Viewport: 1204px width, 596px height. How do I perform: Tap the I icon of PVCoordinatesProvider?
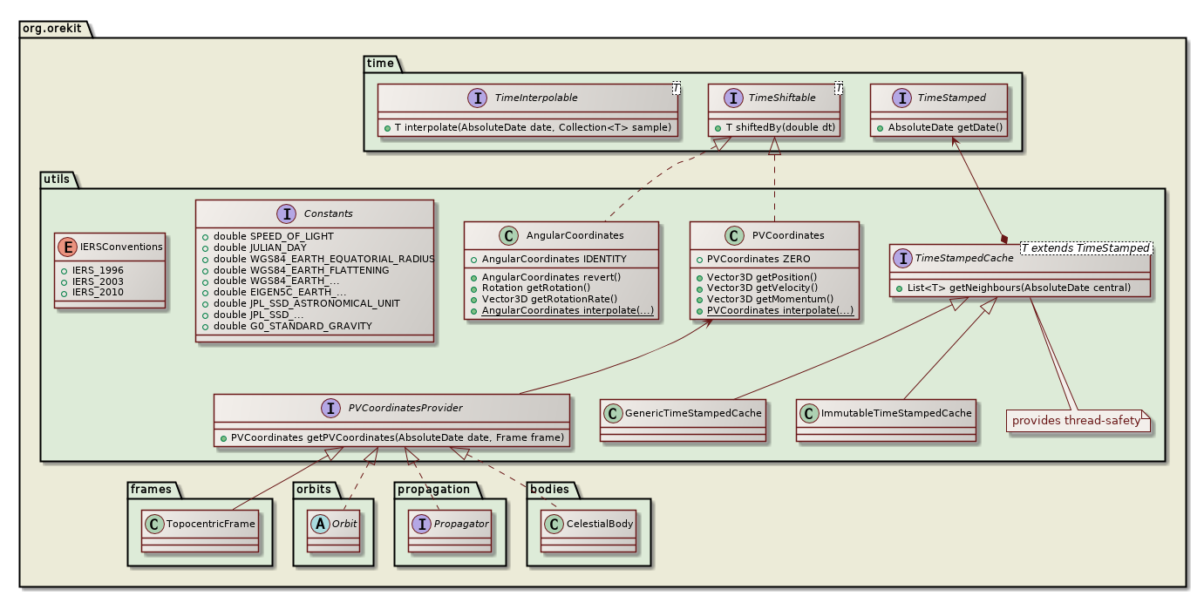(330, 408)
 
